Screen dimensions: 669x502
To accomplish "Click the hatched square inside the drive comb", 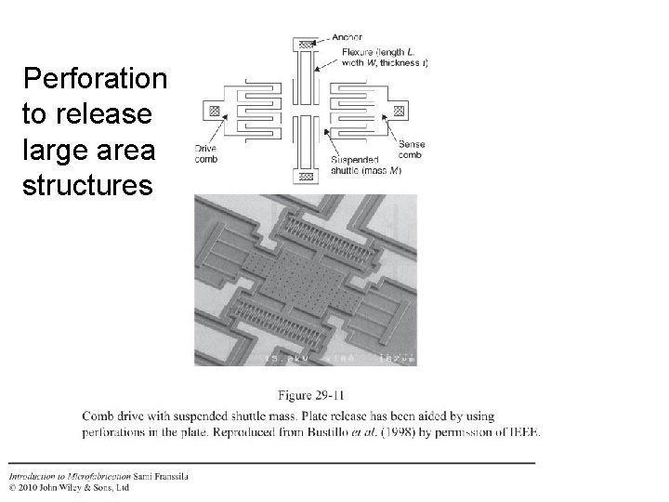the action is point(216,111).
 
